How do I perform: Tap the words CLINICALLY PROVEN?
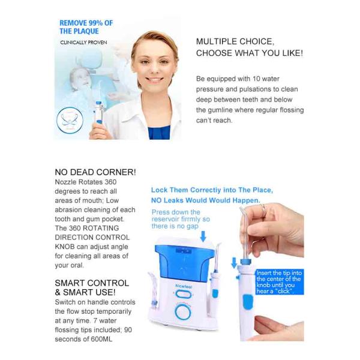(83, 43)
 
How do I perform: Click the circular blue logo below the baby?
(70, 120)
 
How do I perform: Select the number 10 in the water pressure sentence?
(256, 79)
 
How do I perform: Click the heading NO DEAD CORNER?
(95, 172)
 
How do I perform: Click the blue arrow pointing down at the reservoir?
(203, 236)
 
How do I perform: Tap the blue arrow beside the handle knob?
(234, 263)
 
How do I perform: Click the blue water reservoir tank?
(181, 262)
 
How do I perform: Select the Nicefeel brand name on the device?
(184, 286)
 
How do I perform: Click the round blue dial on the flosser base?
(183, 311)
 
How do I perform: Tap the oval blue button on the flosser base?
(183, 294)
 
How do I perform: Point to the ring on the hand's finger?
(263, 209)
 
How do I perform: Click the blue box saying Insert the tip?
(280, 282)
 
